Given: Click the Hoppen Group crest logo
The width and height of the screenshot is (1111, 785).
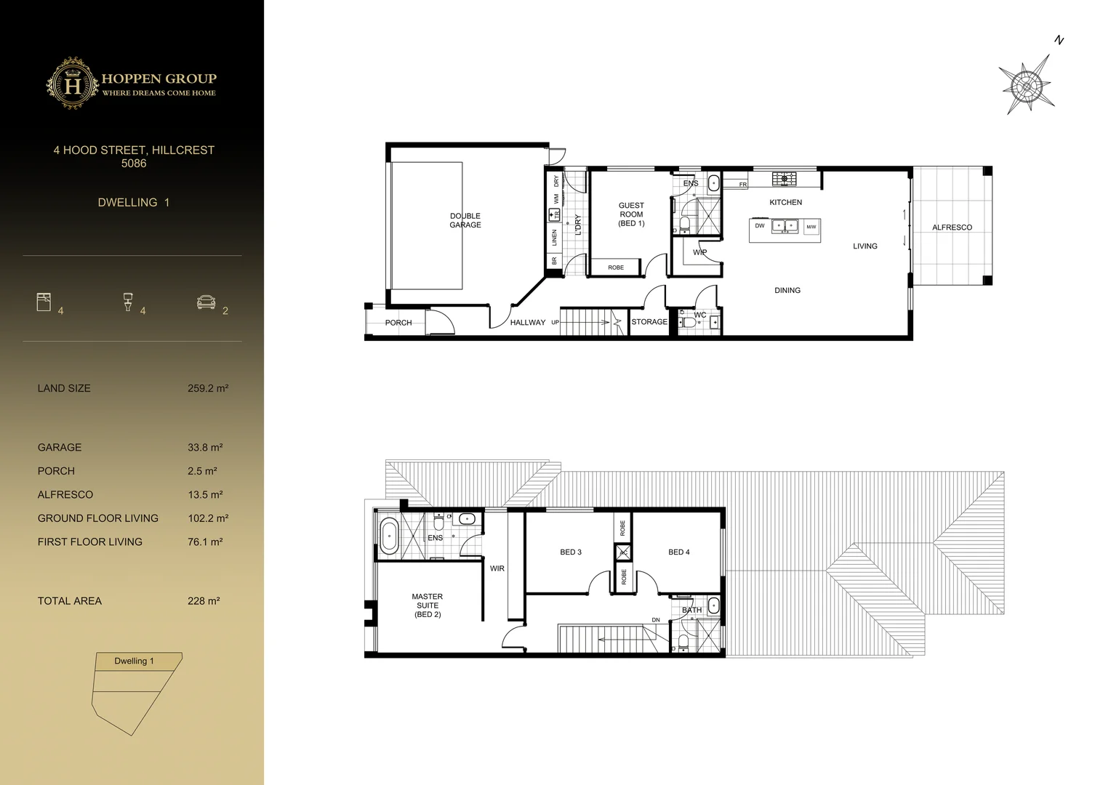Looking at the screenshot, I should [73, 84].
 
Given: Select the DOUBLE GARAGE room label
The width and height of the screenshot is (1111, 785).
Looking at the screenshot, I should [465, 220].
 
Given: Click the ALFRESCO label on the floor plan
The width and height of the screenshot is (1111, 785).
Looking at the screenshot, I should [952, 228].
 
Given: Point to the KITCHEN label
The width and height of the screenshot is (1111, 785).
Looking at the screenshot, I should [785, 202].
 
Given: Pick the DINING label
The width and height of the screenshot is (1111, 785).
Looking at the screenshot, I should [787, 290].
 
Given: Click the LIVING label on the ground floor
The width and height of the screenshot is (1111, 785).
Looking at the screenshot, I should [865, 246].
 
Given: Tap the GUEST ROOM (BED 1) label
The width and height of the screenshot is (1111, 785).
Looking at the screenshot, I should [631, 214].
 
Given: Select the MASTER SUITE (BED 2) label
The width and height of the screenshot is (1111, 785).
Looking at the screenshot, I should [428, 605].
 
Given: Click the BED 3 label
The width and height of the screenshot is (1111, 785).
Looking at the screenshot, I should [571, 552].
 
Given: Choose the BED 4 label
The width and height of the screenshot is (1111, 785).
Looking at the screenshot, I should [678, 552].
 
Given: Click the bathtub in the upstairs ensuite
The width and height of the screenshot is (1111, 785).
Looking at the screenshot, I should [389, 537].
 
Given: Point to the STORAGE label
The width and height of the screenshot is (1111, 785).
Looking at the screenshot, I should [649, 322].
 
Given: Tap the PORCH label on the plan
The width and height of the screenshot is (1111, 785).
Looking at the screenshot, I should [398, 323].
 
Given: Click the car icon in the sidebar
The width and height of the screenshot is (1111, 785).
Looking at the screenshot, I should [206, 302].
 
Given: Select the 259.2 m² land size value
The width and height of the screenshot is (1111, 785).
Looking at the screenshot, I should [208, 388].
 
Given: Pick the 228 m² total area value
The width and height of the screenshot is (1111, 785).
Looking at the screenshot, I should [204, 601].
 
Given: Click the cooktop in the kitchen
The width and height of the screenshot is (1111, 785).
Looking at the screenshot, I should [784, 179].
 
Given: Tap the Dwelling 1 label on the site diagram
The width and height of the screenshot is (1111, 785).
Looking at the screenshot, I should [134, 661].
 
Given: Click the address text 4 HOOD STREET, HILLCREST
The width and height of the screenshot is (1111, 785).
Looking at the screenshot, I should [134, 150].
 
